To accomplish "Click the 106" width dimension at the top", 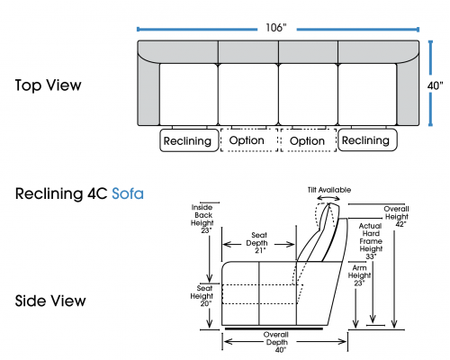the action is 276,28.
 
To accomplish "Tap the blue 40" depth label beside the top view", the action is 435,85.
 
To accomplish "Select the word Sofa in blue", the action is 128,193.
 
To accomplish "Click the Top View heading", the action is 48,85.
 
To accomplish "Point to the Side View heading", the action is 50,301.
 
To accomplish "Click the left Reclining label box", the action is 189,140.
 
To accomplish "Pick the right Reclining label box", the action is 367,139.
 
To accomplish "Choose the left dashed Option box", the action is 249,140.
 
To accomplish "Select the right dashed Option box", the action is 309,140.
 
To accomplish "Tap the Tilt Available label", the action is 329,190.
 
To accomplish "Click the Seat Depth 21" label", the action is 258,243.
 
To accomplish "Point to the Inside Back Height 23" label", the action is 202,219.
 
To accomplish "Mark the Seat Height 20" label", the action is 202,296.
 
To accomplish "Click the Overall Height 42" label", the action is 397,216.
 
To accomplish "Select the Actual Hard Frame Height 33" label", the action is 371,241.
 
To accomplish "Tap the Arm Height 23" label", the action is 359,275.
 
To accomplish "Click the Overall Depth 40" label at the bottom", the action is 276,342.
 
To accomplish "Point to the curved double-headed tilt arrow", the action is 328,197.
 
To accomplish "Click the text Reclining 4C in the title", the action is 61,193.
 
